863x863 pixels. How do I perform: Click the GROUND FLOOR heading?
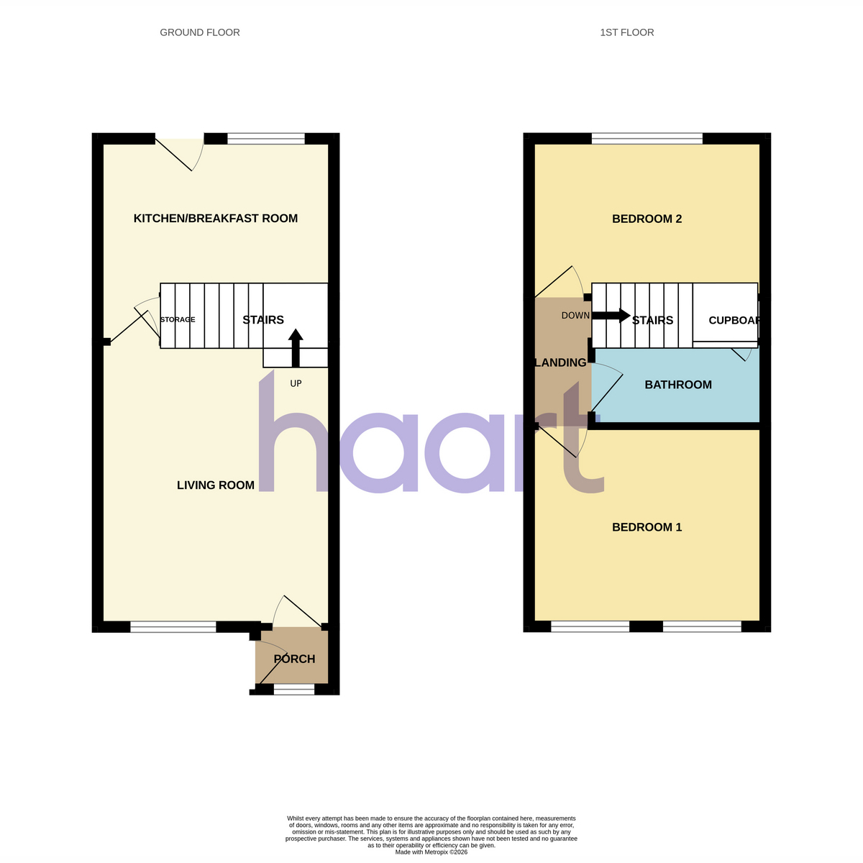[x=200, y=32]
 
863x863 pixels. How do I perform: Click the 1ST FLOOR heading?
[x=626, y=32]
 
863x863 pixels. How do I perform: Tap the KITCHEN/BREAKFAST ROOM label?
[x=216, y=219]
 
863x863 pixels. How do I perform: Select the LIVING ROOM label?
[x=216, y=485]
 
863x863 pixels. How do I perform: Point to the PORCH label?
[x=294, y=659]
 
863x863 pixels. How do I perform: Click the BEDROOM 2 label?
[x=647, y=219]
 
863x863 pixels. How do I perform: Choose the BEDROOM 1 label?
[x=647, y=527]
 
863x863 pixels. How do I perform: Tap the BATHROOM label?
[x=678, y=385]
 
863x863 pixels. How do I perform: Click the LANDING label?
[x=561, y=362]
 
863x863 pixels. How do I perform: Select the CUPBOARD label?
[x=734, y=320]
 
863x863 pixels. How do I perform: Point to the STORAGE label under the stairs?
[x=178, y=320]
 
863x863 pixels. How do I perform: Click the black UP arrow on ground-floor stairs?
[x=296, y=348]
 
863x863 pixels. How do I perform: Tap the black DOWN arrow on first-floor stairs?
[x=611, y=315]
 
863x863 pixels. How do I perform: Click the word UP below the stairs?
[x=296, y=383]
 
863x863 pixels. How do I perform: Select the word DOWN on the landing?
[x=575, y=316]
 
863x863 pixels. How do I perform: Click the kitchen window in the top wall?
[x=266, y=138]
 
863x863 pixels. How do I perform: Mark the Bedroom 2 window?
[x=647, y=138]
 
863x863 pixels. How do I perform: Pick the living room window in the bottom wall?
[x=173, y=626]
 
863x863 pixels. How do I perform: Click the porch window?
[x=294, y=689]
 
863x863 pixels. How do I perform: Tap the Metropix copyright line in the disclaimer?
[x=431, y=852]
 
